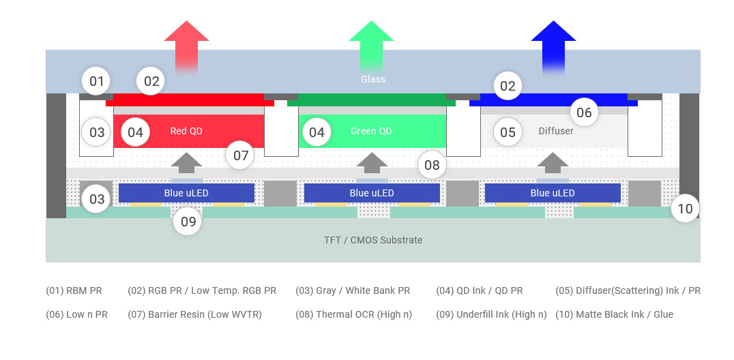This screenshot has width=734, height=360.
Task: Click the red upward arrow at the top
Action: click(186, 47)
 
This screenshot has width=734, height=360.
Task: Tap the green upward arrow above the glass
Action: click(371, 47)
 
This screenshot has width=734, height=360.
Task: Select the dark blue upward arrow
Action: click(553, 47)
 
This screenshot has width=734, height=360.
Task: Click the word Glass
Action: click(373, 79)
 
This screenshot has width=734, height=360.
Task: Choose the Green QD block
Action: click(372, 131)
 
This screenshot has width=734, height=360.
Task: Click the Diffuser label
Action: click(556, 131)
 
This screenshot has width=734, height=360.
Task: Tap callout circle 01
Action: click(96, 81)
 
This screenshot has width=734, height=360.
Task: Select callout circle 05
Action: click(508, 132)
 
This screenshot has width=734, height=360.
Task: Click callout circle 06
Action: click(584, 112)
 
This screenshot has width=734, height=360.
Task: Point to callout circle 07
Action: click(240, 155)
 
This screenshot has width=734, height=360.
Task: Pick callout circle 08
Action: click(432, 164)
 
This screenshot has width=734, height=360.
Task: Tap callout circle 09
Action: click(188, 222)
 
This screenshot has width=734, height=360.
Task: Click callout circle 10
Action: click(685, 209)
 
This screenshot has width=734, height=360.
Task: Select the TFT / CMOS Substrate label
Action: click(373, 240)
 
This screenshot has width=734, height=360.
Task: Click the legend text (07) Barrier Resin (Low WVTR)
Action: click(194, 314)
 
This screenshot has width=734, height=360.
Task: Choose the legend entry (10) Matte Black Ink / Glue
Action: click(614, 314)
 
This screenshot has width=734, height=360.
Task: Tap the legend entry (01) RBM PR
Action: click(74, 290)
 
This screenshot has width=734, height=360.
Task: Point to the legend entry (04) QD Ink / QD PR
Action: click(480, 290)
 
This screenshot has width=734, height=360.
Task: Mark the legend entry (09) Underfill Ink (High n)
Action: click(492, 314)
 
